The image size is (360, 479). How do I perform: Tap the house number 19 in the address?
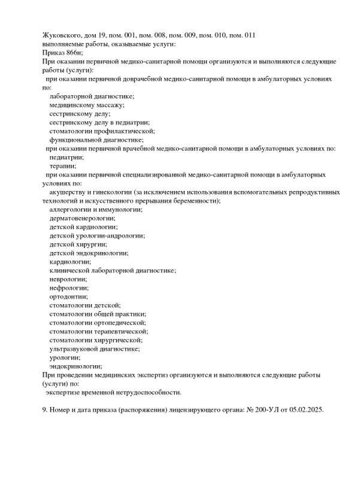pos(111,35)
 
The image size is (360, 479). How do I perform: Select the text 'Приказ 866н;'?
pos(63,53)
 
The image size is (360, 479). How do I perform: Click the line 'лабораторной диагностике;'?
pos(92,96)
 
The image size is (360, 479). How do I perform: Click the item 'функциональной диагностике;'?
pos(96,140)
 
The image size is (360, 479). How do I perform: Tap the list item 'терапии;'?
pos(63,166)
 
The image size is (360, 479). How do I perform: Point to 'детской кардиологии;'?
pos(84,227)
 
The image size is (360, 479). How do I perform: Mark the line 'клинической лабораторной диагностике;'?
pos(113,271)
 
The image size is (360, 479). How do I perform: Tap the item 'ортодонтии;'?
pos(68,296)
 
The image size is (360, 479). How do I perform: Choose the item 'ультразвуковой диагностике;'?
pos(95,348)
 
